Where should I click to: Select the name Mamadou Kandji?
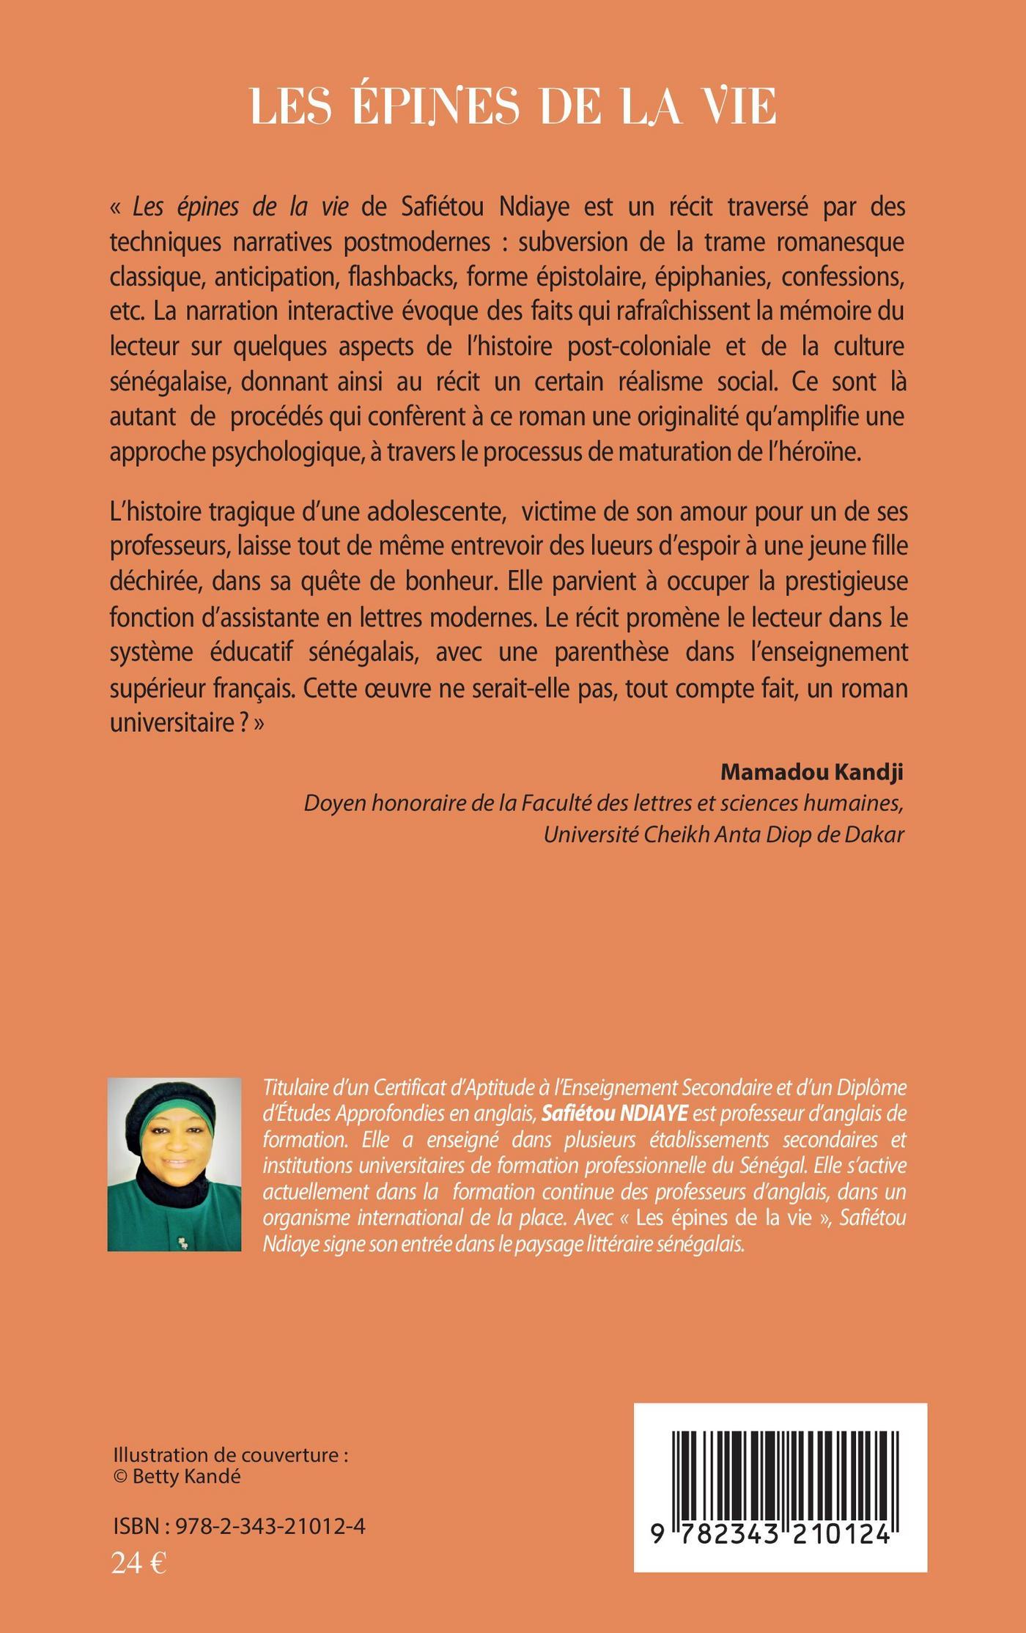811,771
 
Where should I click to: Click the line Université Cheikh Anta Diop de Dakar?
723,834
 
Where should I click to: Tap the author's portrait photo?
174,1164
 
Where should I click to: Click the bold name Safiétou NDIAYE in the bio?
614,1114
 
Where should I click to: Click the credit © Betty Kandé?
177,1476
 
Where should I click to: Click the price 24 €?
139,1563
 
